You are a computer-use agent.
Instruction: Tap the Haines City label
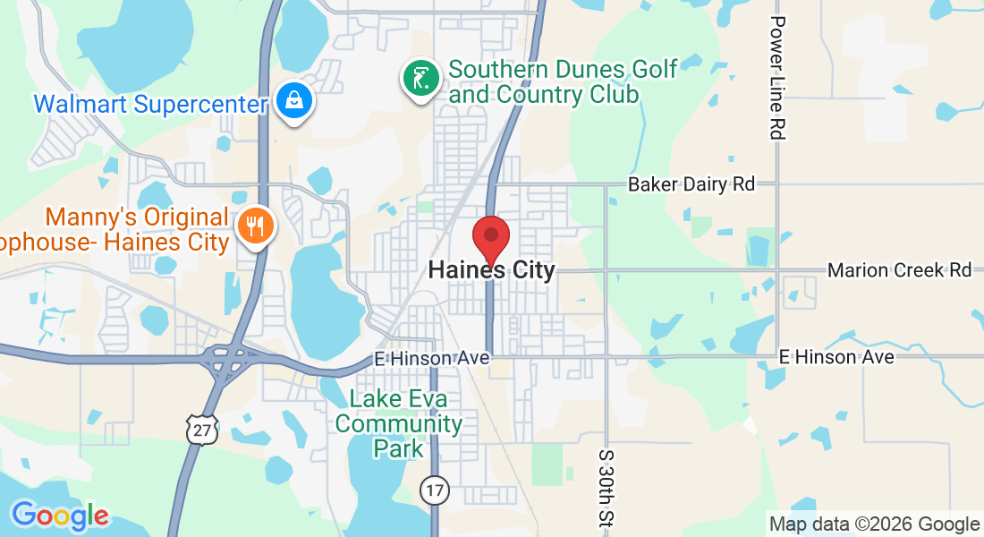(x=491, y=269)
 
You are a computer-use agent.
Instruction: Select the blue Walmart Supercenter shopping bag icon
(x=293, y=102)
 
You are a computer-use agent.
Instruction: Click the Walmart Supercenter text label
(x=150, y=104)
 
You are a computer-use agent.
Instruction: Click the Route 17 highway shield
(x=434, y=490)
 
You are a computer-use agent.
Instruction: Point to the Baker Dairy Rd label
(x=691, y=184)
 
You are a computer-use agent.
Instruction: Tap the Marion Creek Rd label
(x=899, y=269)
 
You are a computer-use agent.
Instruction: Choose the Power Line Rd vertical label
(x=776, y=77)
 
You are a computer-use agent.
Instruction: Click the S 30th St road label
(x=606, y=489)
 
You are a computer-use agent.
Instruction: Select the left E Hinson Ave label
(x=432, y=358)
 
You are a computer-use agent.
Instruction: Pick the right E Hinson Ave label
(x=836, y=357)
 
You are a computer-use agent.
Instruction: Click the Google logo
(x=60, y=516)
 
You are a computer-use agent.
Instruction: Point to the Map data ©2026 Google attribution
(x=874, y=524)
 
